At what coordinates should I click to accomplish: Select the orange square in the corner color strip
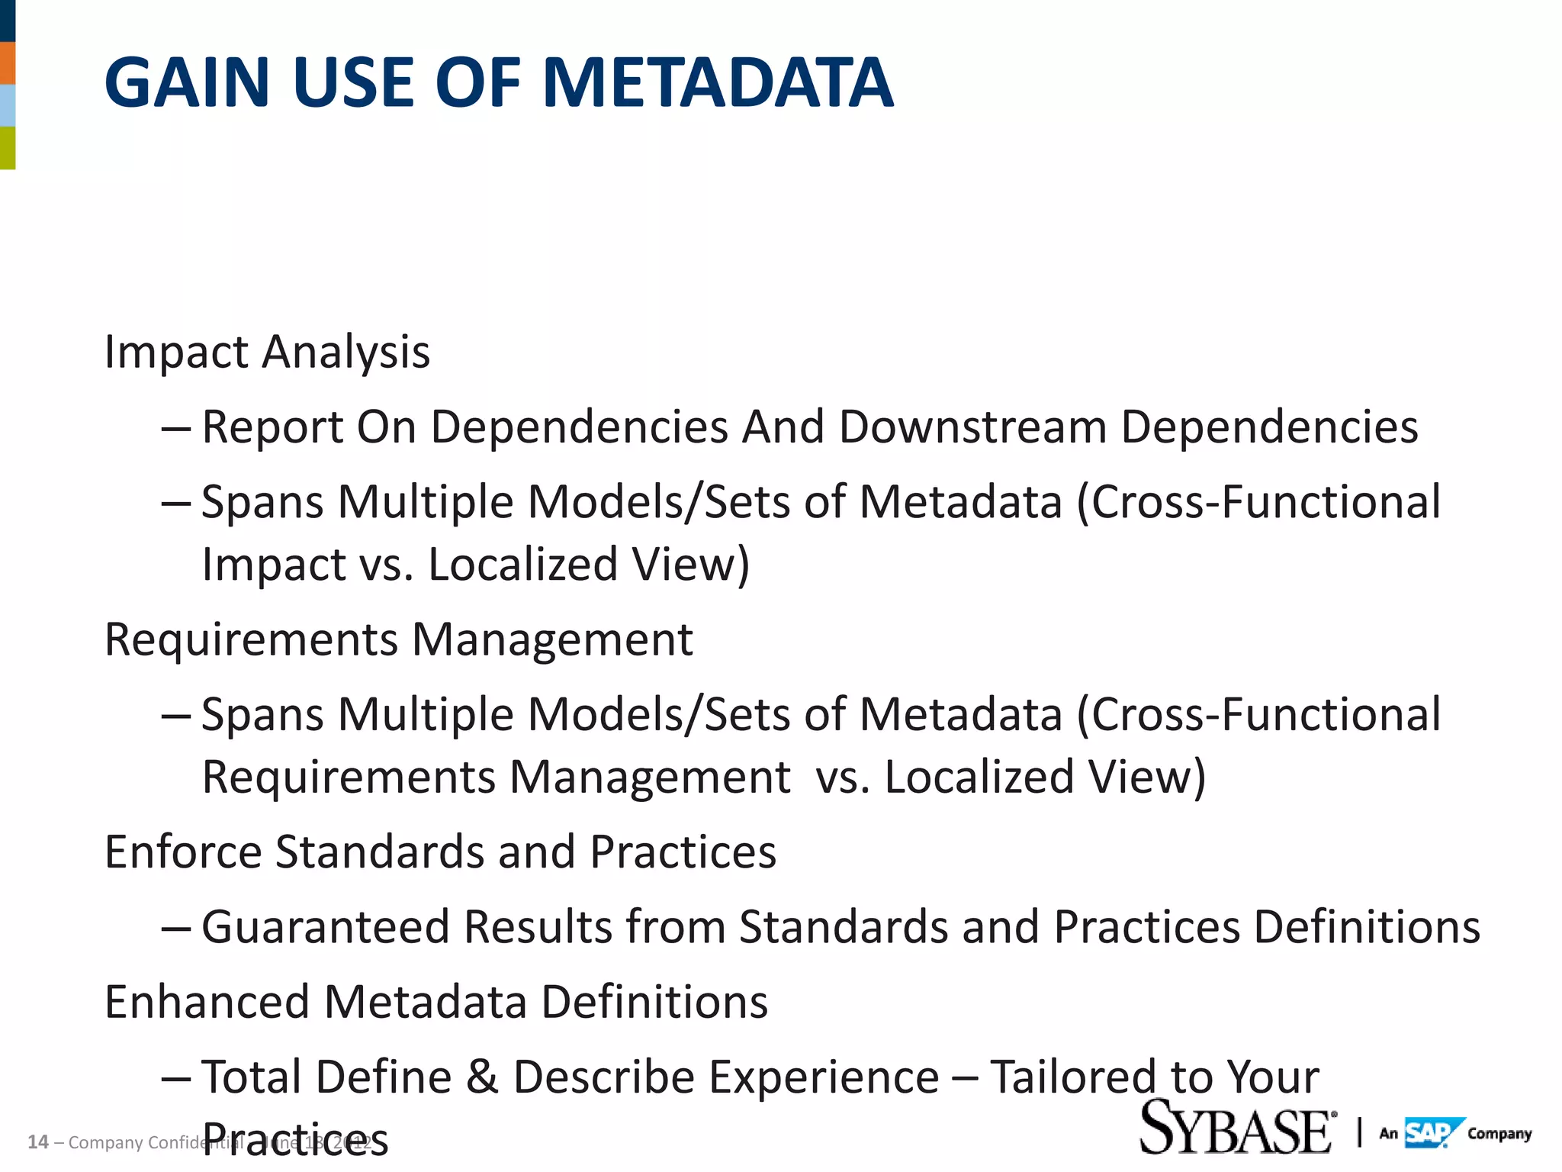[8, 63]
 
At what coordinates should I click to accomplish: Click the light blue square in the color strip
[8, 105]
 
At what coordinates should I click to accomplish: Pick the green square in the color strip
[8, 147]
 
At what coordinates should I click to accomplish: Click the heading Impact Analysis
[267, 353]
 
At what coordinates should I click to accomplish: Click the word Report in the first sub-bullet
[272, 427]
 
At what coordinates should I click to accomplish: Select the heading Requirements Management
[398, 639]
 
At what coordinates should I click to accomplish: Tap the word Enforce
[183, 852]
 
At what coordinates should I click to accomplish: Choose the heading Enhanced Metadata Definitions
[436, 1002]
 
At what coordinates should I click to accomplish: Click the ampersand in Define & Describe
[482, 1077]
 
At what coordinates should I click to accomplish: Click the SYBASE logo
[1236, 1128]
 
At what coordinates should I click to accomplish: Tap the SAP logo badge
[1432, 1132]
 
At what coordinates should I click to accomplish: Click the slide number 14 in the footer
[37, 1142]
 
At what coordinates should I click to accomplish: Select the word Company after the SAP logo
[1499, 1134]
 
